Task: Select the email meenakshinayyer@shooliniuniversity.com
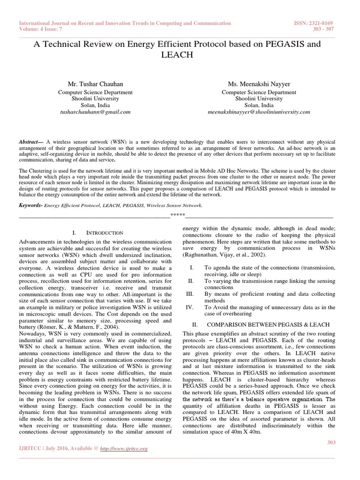pyautogui.click(x=258, y=112)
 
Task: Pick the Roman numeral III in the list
pyautogui.click(x=190, y=294)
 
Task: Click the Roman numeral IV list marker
pyautogui.click(x=190, y=307)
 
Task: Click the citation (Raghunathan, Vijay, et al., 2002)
pyautogui.click(x=225, y=255)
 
